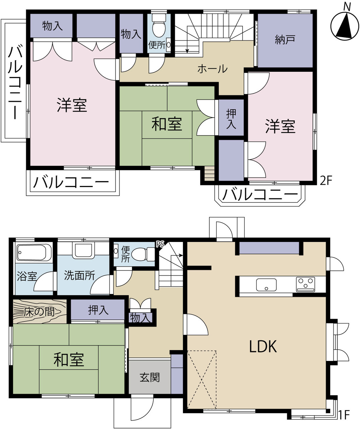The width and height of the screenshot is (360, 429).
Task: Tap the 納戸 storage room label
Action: [285, 40]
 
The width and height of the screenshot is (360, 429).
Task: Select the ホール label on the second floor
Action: [213, 69]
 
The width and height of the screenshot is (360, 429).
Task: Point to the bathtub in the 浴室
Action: [31, 252]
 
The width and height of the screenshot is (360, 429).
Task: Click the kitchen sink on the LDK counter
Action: [266, 285]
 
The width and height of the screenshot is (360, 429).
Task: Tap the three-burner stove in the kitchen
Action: [305, 284]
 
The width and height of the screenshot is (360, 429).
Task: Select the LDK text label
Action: [263, 346]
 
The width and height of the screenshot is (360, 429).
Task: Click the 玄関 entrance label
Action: [150, 377]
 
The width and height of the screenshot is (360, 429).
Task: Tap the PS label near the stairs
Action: [160, 244]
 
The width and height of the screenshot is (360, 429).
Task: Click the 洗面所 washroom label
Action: [79, 275]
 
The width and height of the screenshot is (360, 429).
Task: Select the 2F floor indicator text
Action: [326, 180]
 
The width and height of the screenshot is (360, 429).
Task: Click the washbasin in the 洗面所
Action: [83, 251]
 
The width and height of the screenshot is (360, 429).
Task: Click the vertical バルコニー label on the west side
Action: [15, 83]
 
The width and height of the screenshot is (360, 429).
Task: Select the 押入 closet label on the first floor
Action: [98, 310]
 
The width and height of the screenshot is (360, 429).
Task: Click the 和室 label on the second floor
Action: [167, 124]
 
